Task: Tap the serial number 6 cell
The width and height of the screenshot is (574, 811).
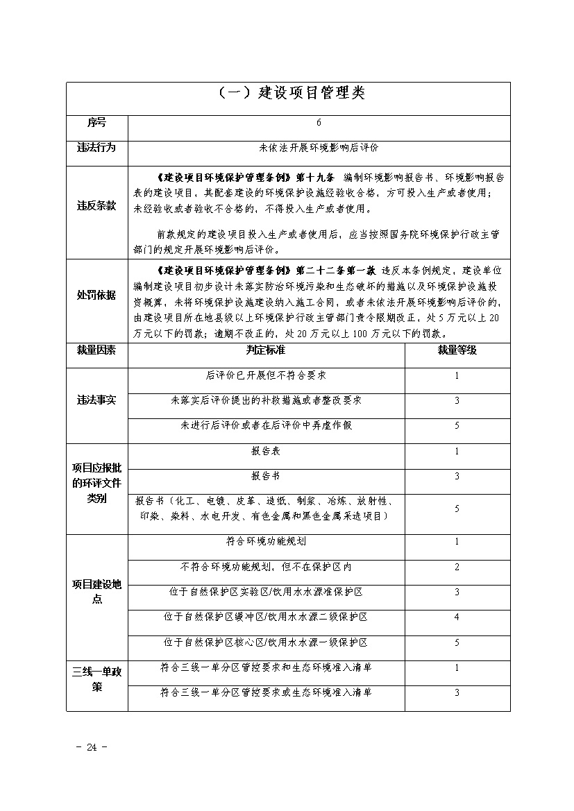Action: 319,123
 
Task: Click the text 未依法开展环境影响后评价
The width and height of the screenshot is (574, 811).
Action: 319,148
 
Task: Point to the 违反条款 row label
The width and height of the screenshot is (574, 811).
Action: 96,207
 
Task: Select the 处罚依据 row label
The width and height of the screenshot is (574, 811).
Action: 96,296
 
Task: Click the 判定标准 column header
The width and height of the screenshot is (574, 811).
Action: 266,350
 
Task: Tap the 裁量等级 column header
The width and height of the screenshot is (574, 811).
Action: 457,350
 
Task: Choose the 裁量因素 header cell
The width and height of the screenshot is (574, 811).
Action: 96,350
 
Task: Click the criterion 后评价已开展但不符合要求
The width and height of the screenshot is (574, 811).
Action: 266,375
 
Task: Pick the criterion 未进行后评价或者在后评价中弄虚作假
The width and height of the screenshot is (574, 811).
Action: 266,425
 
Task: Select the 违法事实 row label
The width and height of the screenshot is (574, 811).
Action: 96,400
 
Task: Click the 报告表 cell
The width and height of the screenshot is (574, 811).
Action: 266,451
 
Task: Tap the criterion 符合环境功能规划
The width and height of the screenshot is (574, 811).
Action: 266,541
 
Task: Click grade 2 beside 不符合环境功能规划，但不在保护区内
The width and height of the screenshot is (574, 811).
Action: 457,567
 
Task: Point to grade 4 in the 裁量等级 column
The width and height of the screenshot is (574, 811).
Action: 457,617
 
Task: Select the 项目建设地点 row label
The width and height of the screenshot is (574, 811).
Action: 96,591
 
